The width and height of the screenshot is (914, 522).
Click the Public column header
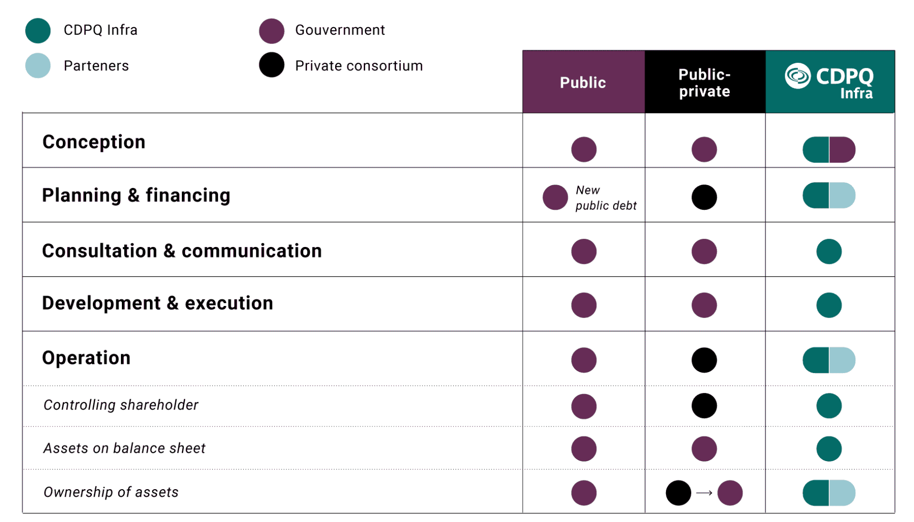(x=583, y=82)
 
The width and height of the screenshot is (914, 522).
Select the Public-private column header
(x=704, y=83)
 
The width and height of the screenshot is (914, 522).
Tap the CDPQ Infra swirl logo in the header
(x=797, y=76)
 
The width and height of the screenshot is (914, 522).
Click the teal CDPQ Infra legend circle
(x=38, y=30)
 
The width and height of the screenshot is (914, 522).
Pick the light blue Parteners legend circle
(x=38, y=65)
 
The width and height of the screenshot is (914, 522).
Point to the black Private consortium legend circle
(x=271, y=65)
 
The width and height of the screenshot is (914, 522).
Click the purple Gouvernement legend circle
(x=271, y=30)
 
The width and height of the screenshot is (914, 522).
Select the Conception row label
(x=94, y=142)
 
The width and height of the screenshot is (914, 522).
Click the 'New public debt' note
(x=605, y=198)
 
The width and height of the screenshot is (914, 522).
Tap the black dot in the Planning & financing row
(x=704, y=197)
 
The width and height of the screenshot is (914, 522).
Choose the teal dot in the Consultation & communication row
(x=828, y=251)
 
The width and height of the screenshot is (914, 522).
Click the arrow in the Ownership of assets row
(x=704, y=493)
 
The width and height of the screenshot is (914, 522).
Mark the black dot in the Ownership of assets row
(x=678, y=493)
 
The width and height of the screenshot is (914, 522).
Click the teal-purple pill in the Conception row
(x=828, y=149)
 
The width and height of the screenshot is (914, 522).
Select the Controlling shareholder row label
(x=121, y=405)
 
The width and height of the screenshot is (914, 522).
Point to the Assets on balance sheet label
(x=124, y=449)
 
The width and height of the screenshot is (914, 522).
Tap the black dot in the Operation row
(x=704, y=360)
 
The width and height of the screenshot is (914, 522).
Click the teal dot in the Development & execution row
(x=828, y=305)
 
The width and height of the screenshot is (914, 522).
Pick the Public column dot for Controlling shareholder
(x=583, y=406)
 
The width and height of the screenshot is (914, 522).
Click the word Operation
(x=86, y=358)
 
